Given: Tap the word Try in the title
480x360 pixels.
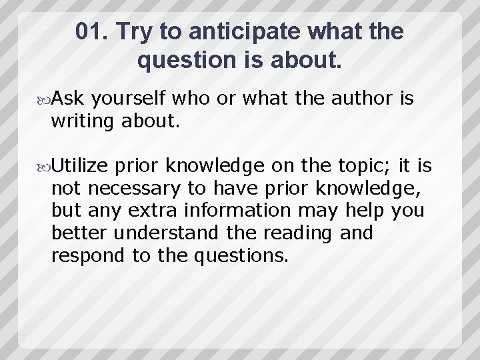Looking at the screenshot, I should [x=137, y=32].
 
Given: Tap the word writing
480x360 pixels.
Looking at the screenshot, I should [x=82, y=122].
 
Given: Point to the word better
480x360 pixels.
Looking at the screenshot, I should [x=80, y=233].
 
